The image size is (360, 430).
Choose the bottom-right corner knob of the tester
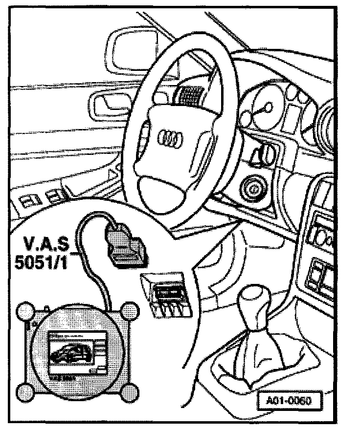coord(129,391)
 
